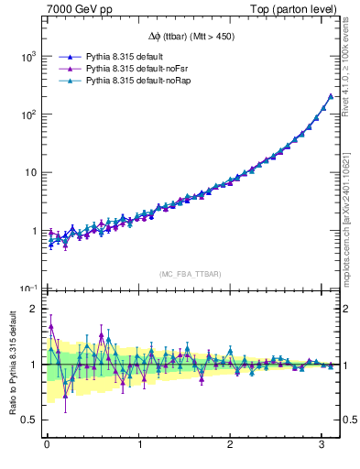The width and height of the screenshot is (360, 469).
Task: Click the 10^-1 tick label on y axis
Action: pos(27,289)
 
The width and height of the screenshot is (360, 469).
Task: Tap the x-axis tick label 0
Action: pos(47,445)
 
